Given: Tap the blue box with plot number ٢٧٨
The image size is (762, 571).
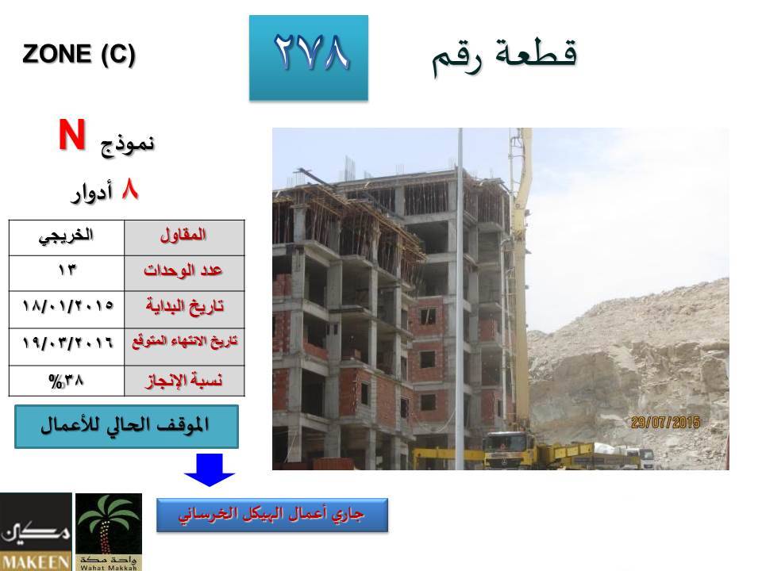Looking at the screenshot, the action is pyautogui.click(x=309, y=58).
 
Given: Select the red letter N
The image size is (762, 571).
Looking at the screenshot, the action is pyautogui.click(x=72, y=135).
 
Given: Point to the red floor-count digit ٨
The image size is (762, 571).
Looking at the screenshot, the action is pyautogui.click(x=130, y=189).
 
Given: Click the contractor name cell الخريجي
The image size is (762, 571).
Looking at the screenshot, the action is pyautogui.click(x=66, y=236).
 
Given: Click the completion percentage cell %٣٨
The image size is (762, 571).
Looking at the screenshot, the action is pyautogui.click(x=66, y=381).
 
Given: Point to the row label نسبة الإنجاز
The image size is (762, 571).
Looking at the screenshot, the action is pyautogui.click(x=183, y=380).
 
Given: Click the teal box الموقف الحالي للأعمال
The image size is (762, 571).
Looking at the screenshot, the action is pyautogui.click(x=126, y=427).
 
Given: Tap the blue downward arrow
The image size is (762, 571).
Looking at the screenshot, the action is pyautogui.click(x=209, y=469).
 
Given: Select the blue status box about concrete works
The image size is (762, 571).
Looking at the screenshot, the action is pyautogui.click(x=272, y=515).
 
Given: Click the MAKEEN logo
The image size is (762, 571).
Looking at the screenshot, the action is pyautogui.click(x=36, y=531).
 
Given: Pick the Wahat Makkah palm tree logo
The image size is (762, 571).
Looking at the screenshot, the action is pyautogui.click(x=109, y=531).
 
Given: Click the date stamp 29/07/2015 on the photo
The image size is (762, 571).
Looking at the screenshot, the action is pyautogui.click(x=665, y=423).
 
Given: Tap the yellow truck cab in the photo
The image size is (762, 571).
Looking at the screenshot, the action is pyautogui.click(x=508, y=449).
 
